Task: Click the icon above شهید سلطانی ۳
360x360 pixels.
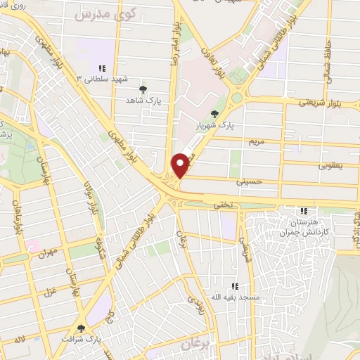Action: coord(103,68)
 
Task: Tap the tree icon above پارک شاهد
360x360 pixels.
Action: coord(144,89)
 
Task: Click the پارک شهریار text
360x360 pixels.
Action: coord(214,125)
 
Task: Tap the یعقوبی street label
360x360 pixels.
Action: coord(329,166)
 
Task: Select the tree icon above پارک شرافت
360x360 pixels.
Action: coord(82,328)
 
